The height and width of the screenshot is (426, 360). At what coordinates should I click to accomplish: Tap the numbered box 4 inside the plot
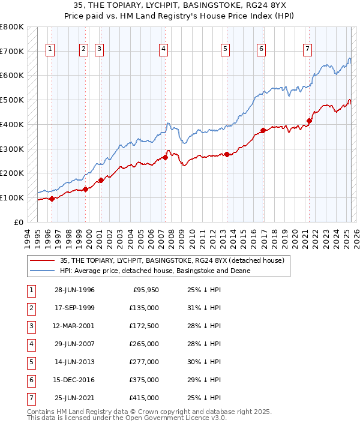pyautogui.click(x=163, y=49)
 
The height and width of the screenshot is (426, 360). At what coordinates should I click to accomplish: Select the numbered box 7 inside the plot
pyautogui.click(x=307, y=49)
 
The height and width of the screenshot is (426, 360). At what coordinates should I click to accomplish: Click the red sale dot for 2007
pyautogui.click(x=165, y=158)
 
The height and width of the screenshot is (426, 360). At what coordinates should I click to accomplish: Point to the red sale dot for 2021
pyautogui.click(x=310, y=121)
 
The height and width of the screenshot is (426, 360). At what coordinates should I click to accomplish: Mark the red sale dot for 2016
pyautogui.click(x=263, y=130)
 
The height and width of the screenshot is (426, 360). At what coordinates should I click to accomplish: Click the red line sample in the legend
pyautogui.click(x=42, y=260)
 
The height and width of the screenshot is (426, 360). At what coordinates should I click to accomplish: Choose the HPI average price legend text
pyautogui.click(x=154, y=271)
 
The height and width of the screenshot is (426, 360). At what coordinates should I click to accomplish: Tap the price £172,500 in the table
pyautogui.click(x=143, y=326)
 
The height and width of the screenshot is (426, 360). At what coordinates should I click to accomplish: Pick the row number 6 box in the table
pyautogui.click(x=31, y=380)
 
